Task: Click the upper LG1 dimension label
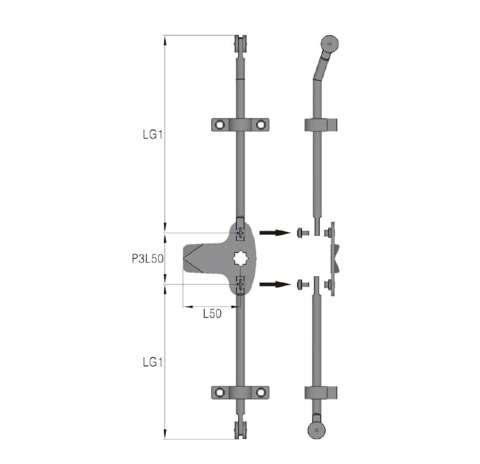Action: [152, 134]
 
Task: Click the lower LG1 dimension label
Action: [152, 362]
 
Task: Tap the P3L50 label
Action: [148, 259]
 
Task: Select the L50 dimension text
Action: [212, 313]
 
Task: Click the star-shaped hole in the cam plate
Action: [241, 259]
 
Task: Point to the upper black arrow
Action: [275, 233]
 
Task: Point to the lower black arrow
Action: [275, 285]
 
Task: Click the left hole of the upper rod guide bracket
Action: [220, 125]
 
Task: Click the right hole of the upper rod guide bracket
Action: [261, 125]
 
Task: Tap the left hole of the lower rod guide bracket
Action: [220, 392]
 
